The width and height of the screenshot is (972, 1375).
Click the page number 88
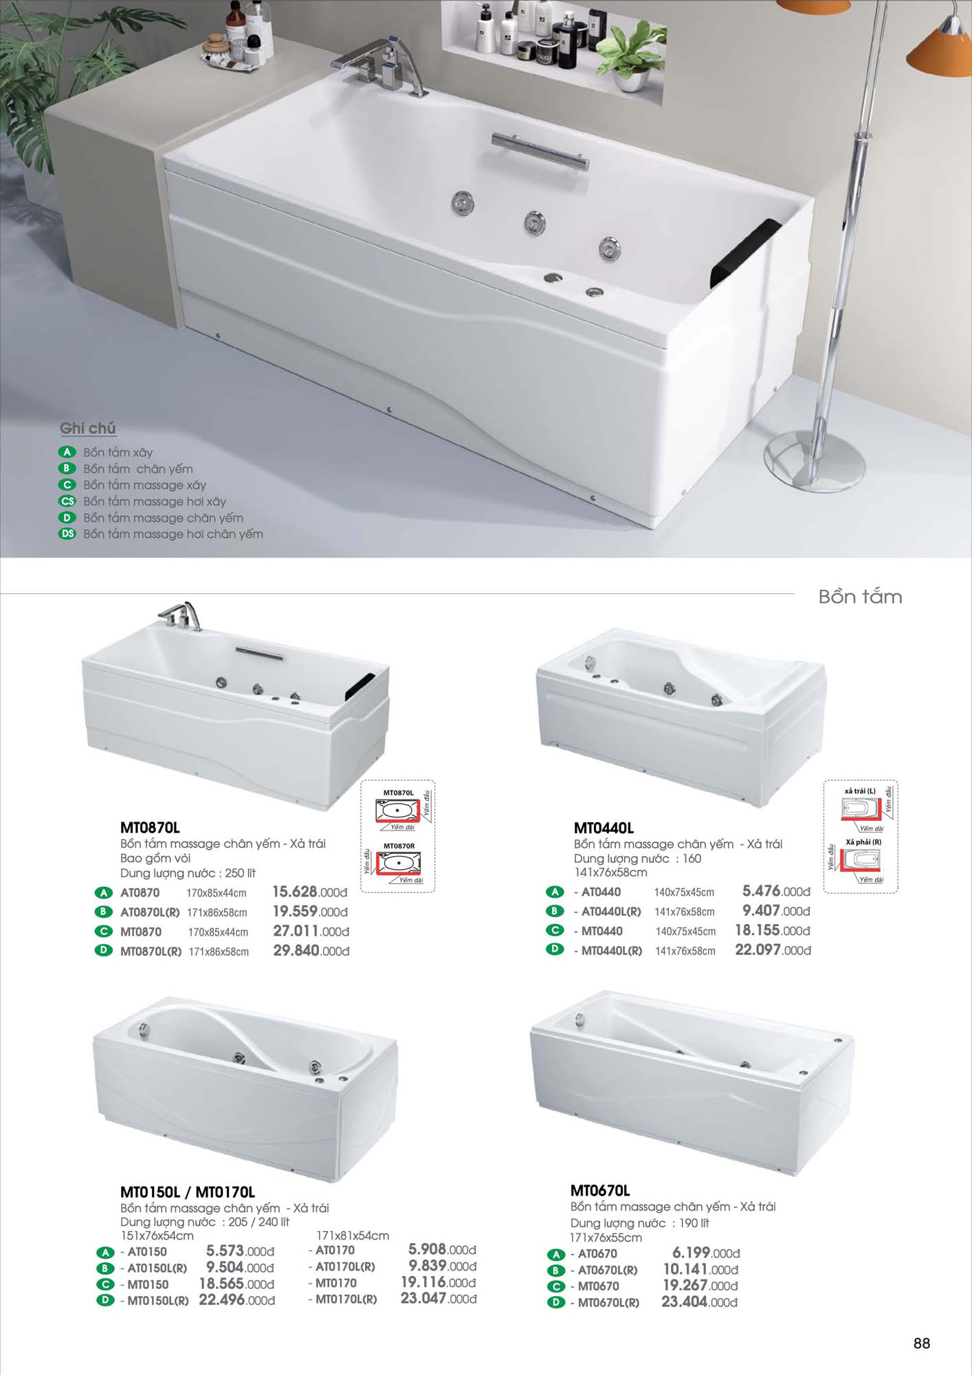tap(921, 1343)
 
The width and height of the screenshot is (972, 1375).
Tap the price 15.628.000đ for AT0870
tap(310, 892)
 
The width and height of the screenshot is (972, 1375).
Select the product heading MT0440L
tap(604, 828)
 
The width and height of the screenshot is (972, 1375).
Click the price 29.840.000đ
tap(311, 951)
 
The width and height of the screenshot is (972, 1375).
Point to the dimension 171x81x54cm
tap(353, 1235)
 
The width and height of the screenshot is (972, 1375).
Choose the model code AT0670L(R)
tap(608, 1270)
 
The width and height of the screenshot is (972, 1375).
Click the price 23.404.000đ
tap(699, 1302)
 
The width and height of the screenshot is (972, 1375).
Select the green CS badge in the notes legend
tap(67, 501)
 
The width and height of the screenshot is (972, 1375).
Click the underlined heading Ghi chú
tap(87, 428)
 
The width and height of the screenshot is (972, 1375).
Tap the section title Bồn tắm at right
tap(860, 597)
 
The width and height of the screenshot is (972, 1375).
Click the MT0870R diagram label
tap(399, 846)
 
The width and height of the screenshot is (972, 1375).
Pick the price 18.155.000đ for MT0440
tap(773, 931)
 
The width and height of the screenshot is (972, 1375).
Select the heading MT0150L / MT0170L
tap(187, 1192)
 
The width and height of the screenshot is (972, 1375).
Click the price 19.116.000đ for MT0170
tap(439, 1282)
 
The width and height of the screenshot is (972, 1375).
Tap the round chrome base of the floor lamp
tap(814, 460)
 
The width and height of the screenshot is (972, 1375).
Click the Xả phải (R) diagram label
tap(863, 842)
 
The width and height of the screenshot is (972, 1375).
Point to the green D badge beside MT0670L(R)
tap(555, 1302)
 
